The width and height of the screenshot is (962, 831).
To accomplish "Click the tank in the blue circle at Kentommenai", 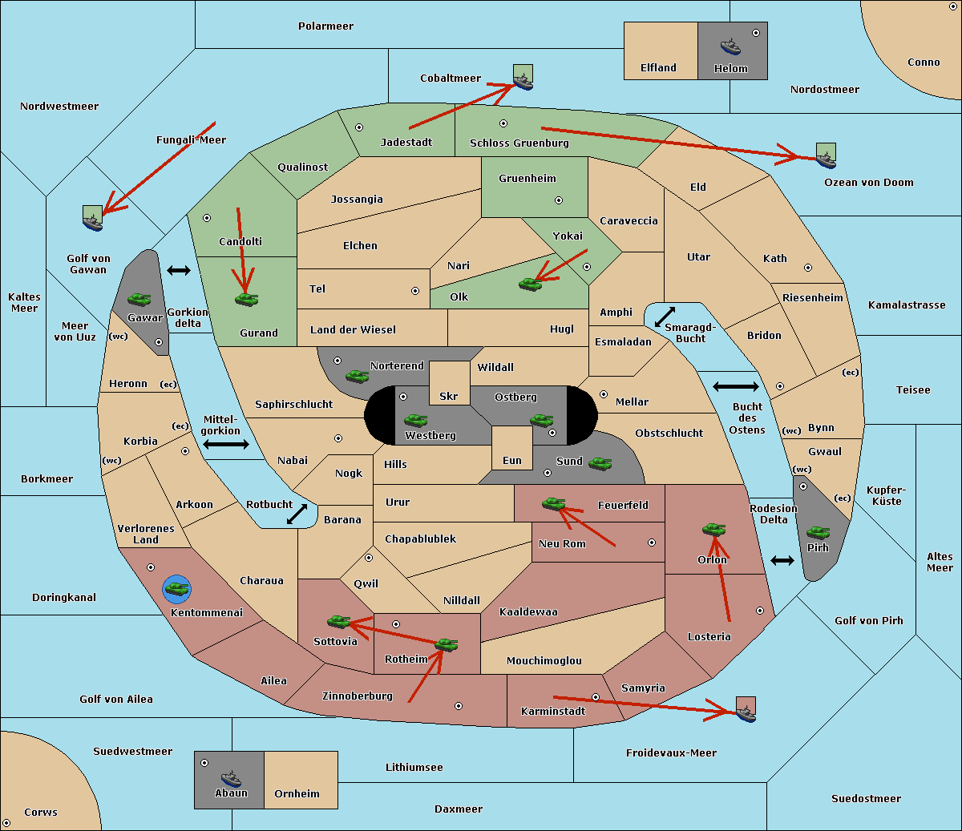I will coord(176,589).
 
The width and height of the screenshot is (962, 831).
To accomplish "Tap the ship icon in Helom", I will coord(730,46).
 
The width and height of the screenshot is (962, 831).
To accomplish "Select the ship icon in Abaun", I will coord(230,778).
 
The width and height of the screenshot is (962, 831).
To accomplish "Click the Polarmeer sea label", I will coord(325,26).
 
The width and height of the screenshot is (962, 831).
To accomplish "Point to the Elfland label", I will coord(658,68).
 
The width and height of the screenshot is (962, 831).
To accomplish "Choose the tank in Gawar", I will coord(139,299).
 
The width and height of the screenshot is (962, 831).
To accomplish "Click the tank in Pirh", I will coord(818,533).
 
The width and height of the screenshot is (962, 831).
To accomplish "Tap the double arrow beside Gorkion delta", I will coord(178,271).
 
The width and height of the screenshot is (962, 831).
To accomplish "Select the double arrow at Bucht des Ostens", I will coord(735,387).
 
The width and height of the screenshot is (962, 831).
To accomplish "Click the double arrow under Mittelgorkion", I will coord(226,445).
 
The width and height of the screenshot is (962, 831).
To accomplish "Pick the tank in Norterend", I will coord(357,376).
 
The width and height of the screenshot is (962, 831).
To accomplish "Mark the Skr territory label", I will coord(448,397).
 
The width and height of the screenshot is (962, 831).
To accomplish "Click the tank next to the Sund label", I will coord(600,463).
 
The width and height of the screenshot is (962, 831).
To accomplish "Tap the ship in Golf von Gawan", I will coord(93,219).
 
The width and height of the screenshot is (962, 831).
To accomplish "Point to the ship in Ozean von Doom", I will coord(826,155).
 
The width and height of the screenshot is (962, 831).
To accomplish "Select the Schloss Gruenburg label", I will coord(519,143).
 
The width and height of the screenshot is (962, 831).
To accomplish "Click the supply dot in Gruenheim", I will coord(559,200).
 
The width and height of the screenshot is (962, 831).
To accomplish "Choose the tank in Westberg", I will coord(415,420).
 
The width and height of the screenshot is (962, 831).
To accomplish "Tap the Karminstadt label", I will coord(553,712).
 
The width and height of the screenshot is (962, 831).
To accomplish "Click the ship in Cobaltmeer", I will coord(523,78).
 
